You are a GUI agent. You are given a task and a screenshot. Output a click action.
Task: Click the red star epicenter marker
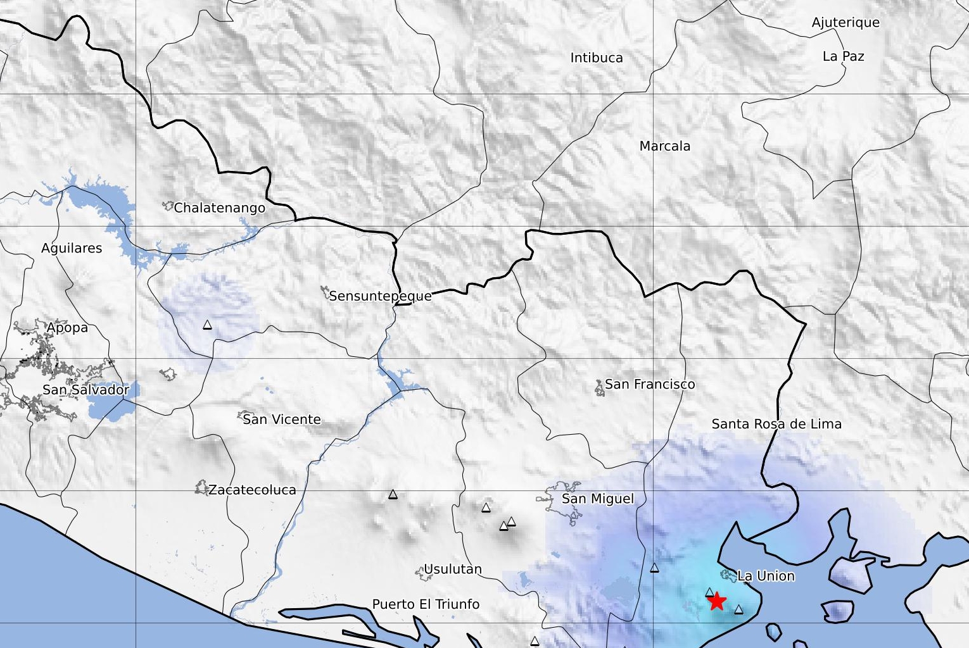(x=716, y=601)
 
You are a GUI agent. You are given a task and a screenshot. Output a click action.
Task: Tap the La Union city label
(x=766, y=576)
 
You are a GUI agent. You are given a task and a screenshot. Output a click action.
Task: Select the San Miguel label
(x=597, y=499)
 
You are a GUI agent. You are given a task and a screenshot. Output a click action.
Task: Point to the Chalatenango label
(x=219, y=208)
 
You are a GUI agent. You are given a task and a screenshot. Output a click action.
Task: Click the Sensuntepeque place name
(x=380, y=296)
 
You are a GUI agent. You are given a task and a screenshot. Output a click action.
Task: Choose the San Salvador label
(x=85, y=390)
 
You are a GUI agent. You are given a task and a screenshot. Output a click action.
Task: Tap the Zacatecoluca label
(x=252, y=490)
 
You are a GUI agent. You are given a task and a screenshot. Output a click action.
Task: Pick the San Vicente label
(x=282, y=419)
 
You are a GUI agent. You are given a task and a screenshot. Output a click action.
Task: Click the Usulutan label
(x=452, y=569)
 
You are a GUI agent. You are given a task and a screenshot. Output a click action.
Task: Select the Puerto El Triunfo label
(x=426, y=604)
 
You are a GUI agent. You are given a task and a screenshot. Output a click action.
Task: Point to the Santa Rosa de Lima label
(x=776, y=424)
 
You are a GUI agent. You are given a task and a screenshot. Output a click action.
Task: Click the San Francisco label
(x=650, y=384)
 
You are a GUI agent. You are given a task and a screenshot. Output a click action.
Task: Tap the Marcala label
(x=665, y=146)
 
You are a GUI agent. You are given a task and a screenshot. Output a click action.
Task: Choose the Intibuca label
(x=597, y=58)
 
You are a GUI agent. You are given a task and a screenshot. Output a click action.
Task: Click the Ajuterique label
(x=845, y=23)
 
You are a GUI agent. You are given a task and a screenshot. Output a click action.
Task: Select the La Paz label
(x=843, y=56)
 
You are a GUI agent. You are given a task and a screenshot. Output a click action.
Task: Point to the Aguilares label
(x=72, y=248)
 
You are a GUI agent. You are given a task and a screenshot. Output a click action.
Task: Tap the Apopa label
(x=67, y=328)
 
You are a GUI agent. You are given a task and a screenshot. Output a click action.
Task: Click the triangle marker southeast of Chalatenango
(x=207, y=325)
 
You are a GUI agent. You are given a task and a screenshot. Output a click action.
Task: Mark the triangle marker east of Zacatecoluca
(x=393, y=494)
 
